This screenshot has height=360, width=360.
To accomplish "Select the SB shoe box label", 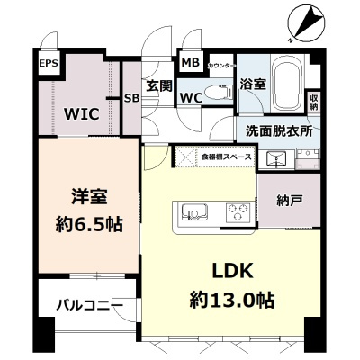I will pos(130,98).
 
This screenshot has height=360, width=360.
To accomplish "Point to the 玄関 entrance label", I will pos(158,85).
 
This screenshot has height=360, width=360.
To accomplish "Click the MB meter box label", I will pos(190,62).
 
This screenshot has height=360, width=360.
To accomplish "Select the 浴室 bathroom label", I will pos(253,85).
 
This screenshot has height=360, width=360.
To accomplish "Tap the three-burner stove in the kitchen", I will pos(238,212).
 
